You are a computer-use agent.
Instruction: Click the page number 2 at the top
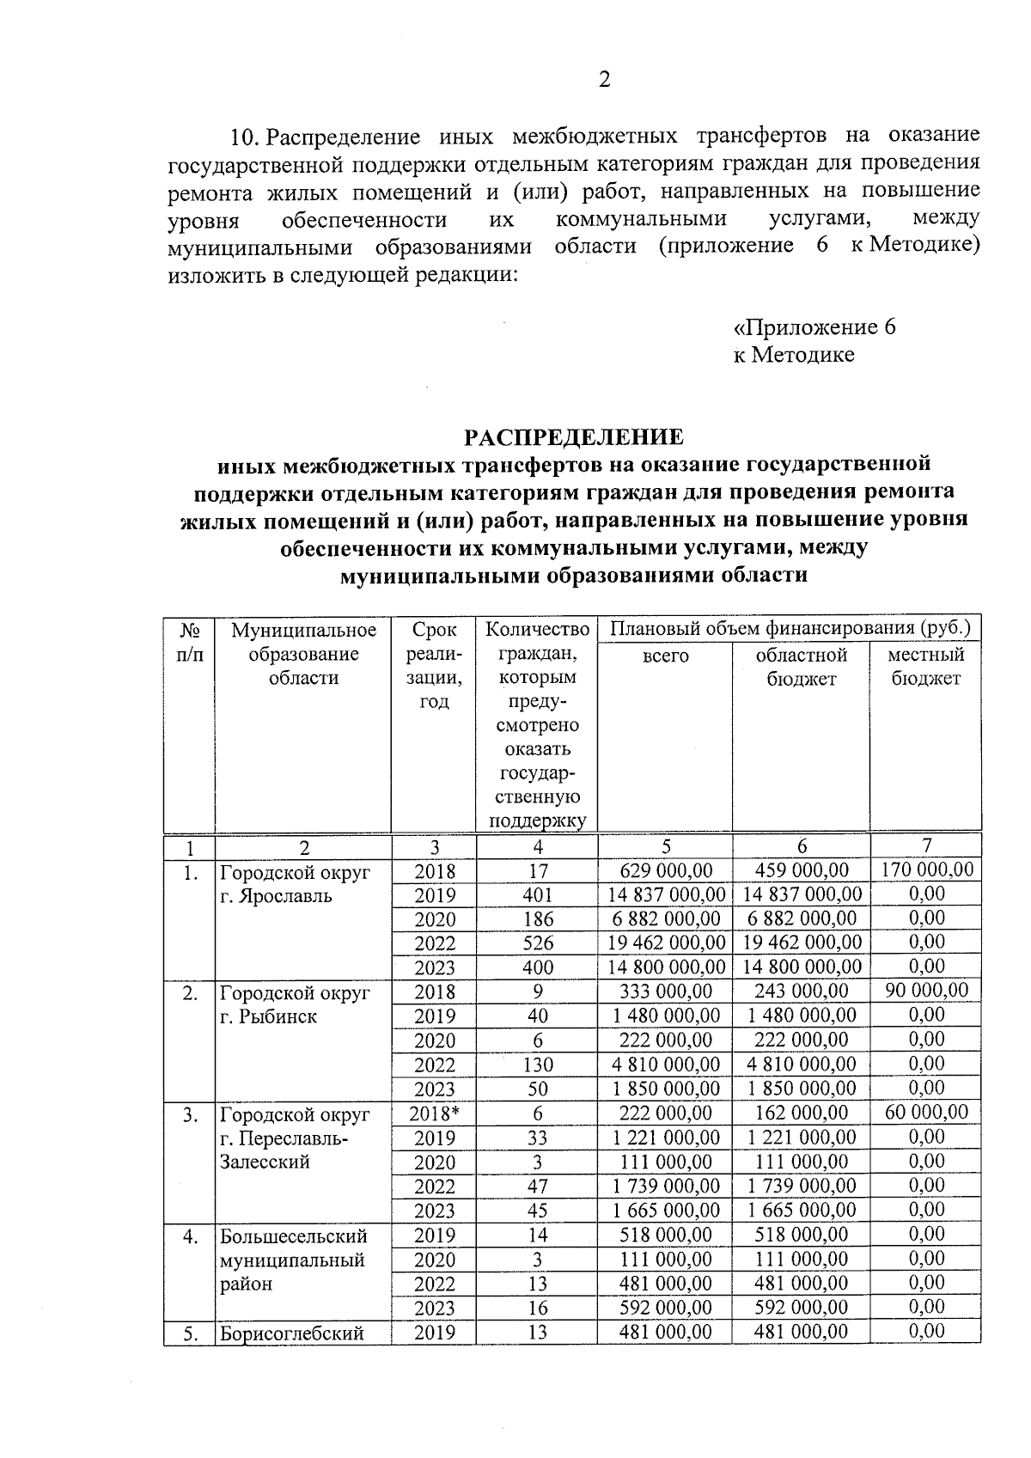pos(603,80)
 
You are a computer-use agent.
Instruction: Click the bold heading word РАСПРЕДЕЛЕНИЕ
pos(574,437)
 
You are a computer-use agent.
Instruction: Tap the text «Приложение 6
pos(814,328)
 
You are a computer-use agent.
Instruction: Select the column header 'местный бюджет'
pos(925,666)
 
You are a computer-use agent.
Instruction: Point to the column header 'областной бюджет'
pos(801,666)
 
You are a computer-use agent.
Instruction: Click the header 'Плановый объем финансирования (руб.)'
pos(790,629)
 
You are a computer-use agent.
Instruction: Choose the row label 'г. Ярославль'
pos(276,896)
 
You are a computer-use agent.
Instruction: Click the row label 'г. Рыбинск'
pos(268,1016)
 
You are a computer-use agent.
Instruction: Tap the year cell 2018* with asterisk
pos(435,1113)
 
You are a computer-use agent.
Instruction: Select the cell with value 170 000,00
pos(927,869)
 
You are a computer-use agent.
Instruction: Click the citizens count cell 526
pos(538,943)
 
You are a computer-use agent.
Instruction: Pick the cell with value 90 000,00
pos(927,990)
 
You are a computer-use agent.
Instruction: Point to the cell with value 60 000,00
pos(927,1112)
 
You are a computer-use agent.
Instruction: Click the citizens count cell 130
pos(538,1065)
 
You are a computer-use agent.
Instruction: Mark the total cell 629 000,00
pos(666,870)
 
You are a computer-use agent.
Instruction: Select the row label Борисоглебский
pos(292,1333)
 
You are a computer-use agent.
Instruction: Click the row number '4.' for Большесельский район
pos(190,1236)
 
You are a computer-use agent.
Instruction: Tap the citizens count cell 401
pos(538,894)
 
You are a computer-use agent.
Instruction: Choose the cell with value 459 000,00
pos(801,870)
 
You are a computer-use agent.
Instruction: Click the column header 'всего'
pos(666,656)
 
